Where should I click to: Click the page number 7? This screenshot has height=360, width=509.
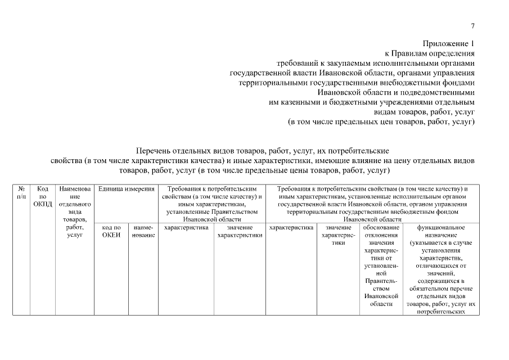click(x=472, y=26)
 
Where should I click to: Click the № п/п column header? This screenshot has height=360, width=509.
click(x=21, y=192)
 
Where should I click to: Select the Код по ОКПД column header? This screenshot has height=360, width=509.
click(x=43, y=196)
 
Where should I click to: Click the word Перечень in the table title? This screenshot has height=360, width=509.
click(x=154, y=151)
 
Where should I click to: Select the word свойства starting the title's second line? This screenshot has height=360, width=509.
click(x=66, y=160)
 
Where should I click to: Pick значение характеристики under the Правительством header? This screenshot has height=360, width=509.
click(x=240, y=231)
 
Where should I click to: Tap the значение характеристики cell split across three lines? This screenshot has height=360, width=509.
click(x=337, y=235)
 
